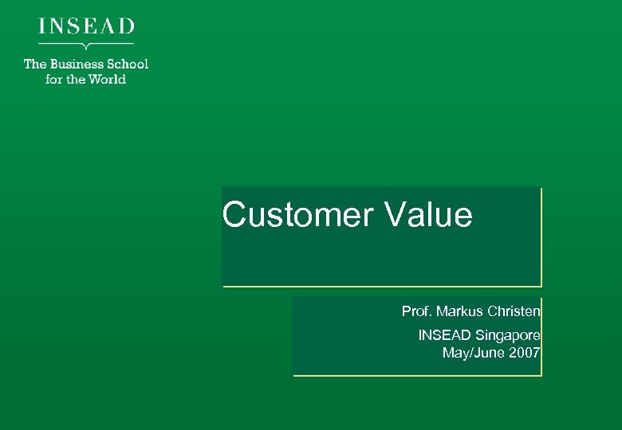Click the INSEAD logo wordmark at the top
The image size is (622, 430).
click(x=86, y=25)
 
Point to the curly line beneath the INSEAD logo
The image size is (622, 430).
click(x=86, y=45)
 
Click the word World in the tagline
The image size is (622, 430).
click(x=107, y=79)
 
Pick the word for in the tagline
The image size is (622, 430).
click(x=54, y=79)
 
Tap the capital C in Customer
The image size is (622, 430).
click(x=234, y=215)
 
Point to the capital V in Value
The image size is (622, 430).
click(x=396, y=215)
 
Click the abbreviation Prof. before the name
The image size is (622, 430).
click(x=418, y=311)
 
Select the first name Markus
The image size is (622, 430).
click(x=461, y=311)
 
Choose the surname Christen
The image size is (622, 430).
click(x=514, y=311)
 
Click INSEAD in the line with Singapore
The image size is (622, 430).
click(x=444, y=336)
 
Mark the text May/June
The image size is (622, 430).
click(x=470, y=353)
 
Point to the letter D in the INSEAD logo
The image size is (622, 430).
click(x=127, y=25)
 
